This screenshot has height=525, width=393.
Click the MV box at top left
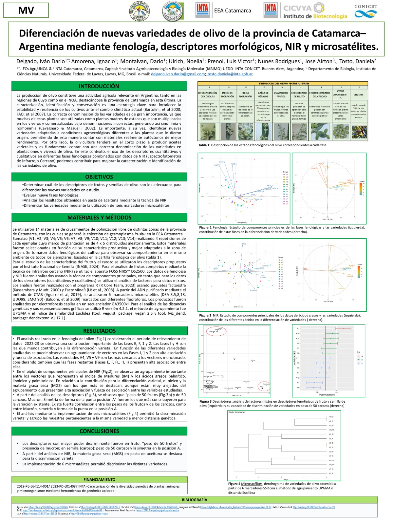click(x=26, y=10)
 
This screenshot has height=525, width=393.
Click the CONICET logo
click(x=365, y=11)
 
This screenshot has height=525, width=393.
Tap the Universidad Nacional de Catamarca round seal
click(x=140, y=11)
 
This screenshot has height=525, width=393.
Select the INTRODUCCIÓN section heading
click(x=99, y=86)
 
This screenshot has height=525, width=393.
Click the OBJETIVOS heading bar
click(x=99, y=177)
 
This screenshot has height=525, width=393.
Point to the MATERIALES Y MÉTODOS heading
click(x=99, y=218)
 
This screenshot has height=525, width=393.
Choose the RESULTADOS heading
click(x=99, y=331)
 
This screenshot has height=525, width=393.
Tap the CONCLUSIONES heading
click(x=99, y=431)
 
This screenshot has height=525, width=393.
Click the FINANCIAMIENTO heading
click(x=99, y=480)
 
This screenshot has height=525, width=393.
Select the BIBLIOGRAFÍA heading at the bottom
click(x=195, y=500)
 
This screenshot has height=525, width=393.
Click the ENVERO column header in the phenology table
click(x=358, y=94)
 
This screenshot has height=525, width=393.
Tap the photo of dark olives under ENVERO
click(x=359, y=132)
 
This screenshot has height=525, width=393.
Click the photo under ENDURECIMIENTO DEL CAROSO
click(x=319, y=132)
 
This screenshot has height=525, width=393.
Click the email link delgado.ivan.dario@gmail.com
click(x=178, y=74)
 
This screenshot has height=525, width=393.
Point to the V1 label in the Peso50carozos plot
click(x=298, y=328)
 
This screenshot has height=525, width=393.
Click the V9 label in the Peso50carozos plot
click(x=298, y=388)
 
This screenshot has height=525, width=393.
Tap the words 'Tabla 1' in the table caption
click(x=204, y=145)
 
